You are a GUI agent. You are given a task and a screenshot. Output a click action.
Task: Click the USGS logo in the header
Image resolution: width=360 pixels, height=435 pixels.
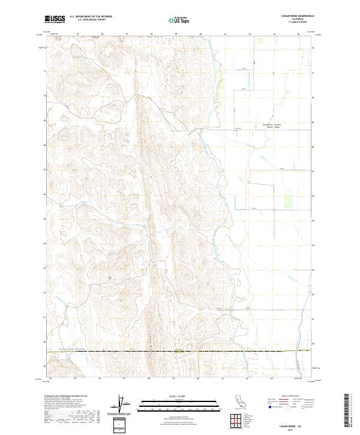click(x=55, y=19)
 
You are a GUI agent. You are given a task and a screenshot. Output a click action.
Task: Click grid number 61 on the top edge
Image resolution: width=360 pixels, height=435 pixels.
click(x=226, y=34)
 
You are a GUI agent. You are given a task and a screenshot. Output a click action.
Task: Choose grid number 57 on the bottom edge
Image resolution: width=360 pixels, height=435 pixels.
click(x=124, y=379)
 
